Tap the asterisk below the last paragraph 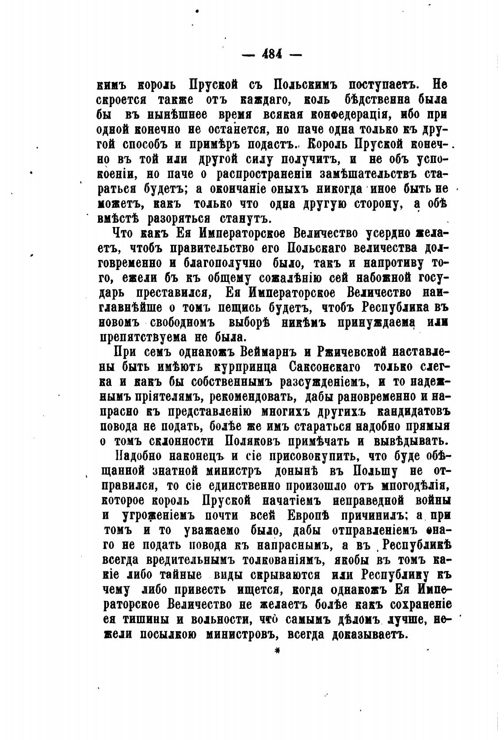[x=278, y=650]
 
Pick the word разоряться [x=184, y=219]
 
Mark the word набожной [x=370, y=278]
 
